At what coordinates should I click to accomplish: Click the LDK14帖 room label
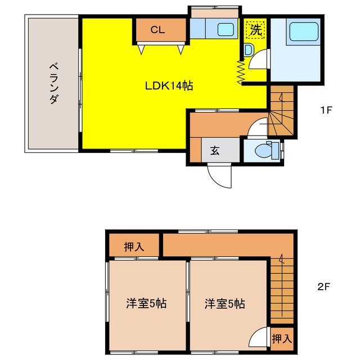pyautogui.click(x=169, y=86)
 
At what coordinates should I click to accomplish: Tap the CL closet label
pyautogui.click(x=157, y=30)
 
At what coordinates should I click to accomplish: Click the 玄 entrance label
pyautogui.click(x=215, y=151)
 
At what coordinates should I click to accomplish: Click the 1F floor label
pyautogui.click(x=326, y=110)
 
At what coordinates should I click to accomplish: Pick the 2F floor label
pyautogui.click(x=323, y=286)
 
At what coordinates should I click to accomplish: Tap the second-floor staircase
pyautogui.click(x=282, y=290)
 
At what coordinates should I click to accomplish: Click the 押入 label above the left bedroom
pyautogui.click(x=133, y=246)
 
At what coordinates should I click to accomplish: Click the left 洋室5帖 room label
pyautogui.click(x=146, y=304)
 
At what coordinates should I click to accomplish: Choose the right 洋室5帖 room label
pyautogui.click(x=224, y=304)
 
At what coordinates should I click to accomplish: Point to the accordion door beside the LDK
pyautogui.click(x=241, y=71)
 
